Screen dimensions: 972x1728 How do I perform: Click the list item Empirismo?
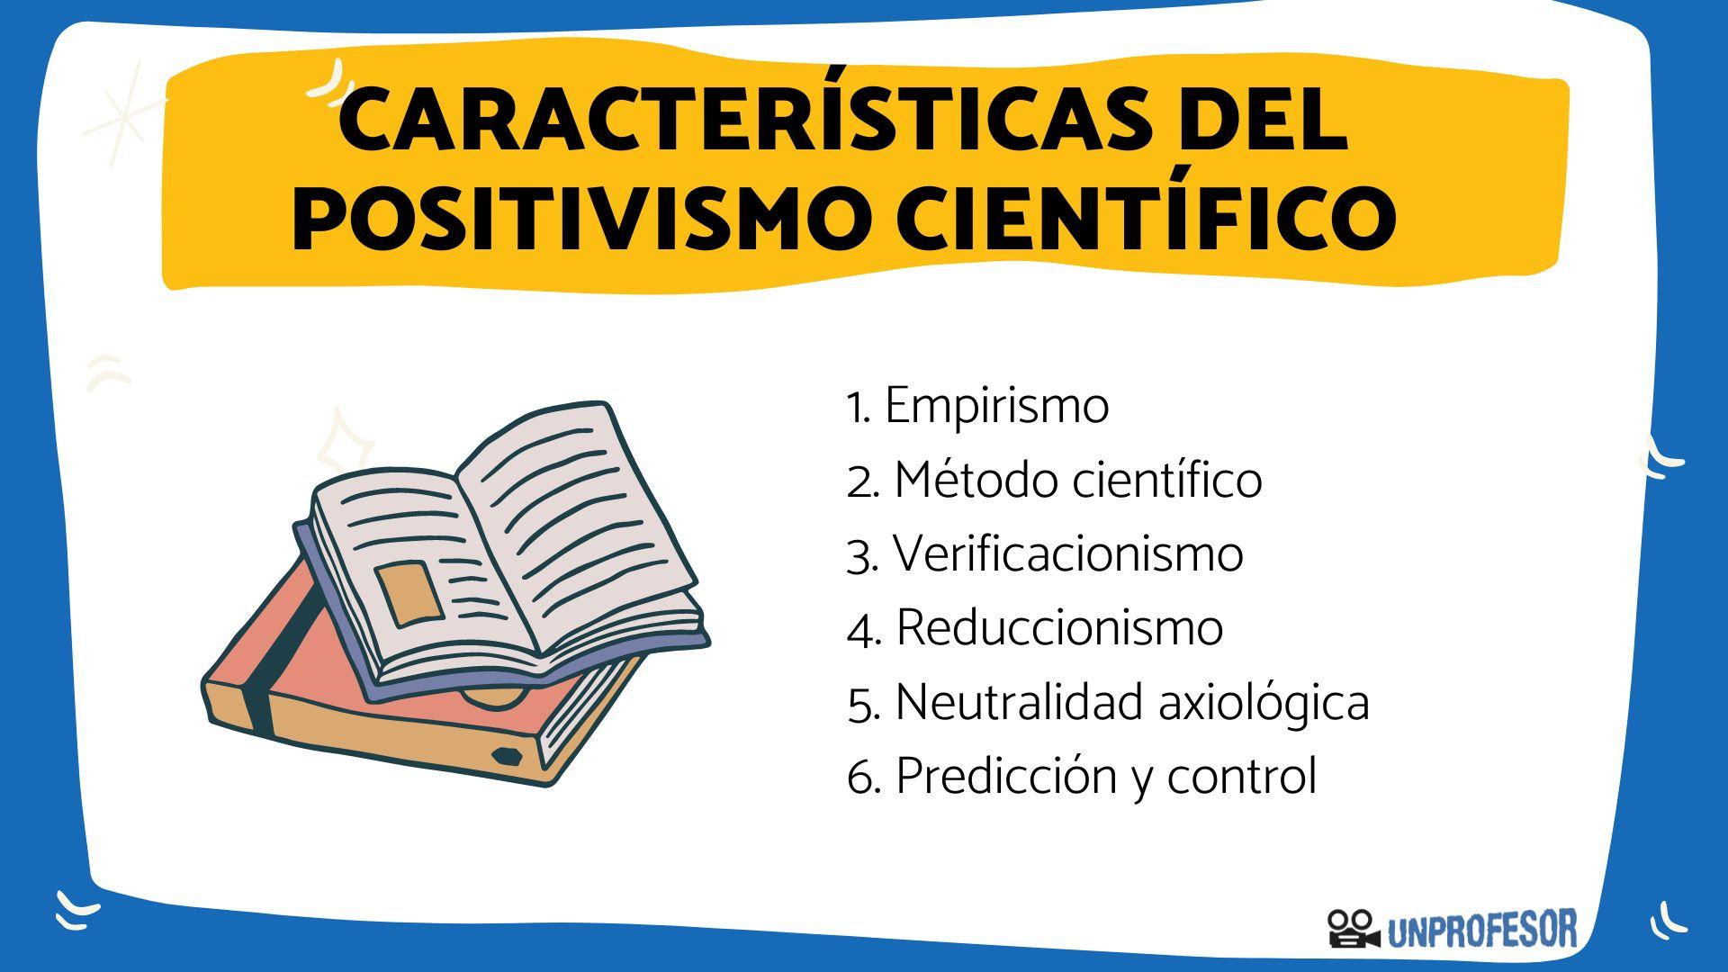(996, 406)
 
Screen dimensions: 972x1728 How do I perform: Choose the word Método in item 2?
(977, 480)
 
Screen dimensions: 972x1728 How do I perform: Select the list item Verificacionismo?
(1067, 553)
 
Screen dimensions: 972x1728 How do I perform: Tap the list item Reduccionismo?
(1059, 627)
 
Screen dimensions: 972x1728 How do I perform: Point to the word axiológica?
(1264, 701)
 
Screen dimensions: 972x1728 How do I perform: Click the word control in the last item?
(1242, 776)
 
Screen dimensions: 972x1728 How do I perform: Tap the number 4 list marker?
(862, 630)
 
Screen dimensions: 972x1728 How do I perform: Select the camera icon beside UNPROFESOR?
(1353, 929)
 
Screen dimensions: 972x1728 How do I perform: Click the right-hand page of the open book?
(576, 522)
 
